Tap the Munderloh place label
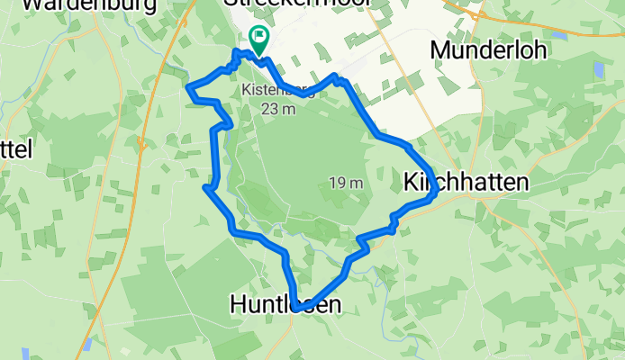pyautogui.click(x=488, y=49)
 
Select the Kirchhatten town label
pyautogui.click(x=465, y=182)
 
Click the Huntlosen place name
pyautogui.click(x=285, y=305)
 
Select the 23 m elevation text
pyautogui.click(x=278, y=109)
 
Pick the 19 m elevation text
pyautogui.click(x=345, y=184)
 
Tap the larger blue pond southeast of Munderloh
pyautogui.click(x=599, y=69)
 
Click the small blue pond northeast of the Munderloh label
pyautogui.click(x=560, y=35)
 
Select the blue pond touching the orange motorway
pyautogui.click(x=87, y=345)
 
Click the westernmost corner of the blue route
pyautogui.click(x=188, y=87)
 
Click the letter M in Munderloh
pyautogui.click(x=441, y=49)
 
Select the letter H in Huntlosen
pyautogui.click(x=238, y=305)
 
